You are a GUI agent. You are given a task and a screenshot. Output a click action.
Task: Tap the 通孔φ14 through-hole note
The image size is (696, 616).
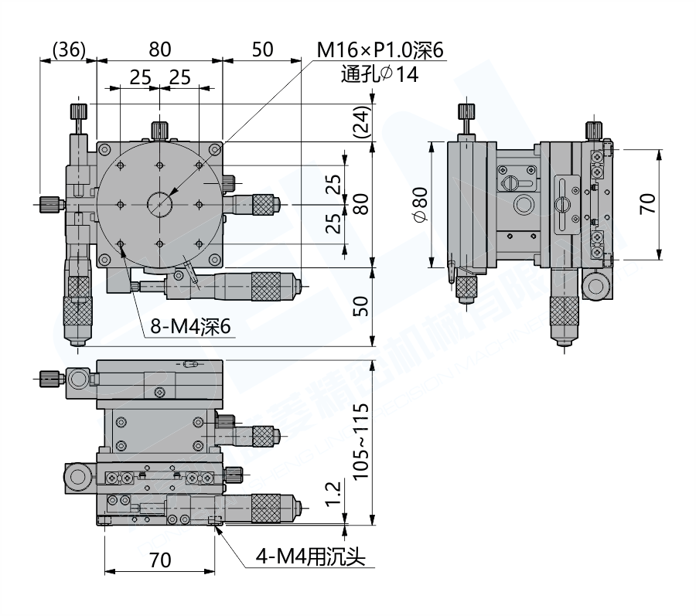click(x=378, y=74)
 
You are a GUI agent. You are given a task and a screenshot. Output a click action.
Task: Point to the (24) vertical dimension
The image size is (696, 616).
click(x=360, y=121)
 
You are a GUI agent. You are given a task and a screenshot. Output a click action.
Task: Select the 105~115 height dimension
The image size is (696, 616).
click(x=360, y=441)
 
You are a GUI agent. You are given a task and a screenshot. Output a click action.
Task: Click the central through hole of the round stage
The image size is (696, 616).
click(x=160, y=204)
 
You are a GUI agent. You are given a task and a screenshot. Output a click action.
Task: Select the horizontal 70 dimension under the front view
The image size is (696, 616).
click(x=159, y=560)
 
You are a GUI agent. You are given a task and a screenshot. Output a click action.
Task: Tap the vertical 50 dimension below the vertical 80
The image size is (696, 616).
click(x=360, y=306)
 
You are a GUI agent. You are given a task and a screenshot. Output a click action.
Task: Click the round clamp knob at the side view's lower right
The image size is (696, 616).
click(x=597, y=287)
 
